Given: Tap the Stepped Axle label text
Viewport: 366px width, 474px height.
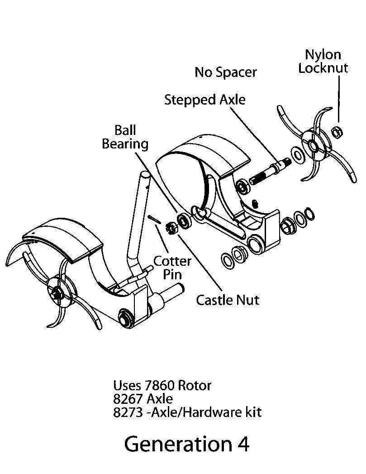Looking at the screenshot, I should click(x=204, y=100).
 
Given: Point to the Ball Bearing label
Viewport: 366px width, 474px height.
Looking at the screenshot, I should click(x=125, y=137).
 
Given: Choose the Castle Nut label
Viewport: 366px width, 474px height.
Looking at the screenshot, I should click(x=228, y=299).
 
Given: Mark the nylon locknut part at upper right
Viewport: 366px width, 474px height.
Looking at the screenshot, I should click(x=337, y=132).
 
